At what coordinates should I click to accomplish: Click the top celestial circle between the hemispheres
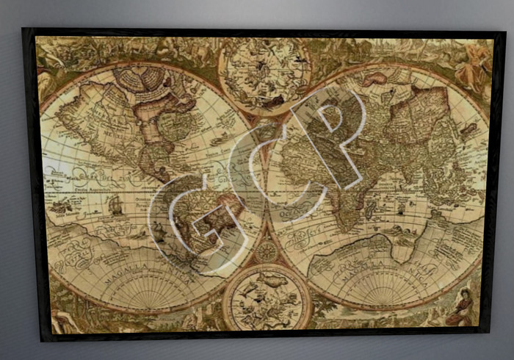265,74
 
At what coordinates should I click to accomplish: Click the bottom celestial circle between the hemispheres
267,297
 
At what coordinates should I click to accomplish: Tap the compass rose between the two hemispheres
266,251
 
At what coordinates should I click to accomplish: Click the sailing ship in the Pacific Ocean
115,205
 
